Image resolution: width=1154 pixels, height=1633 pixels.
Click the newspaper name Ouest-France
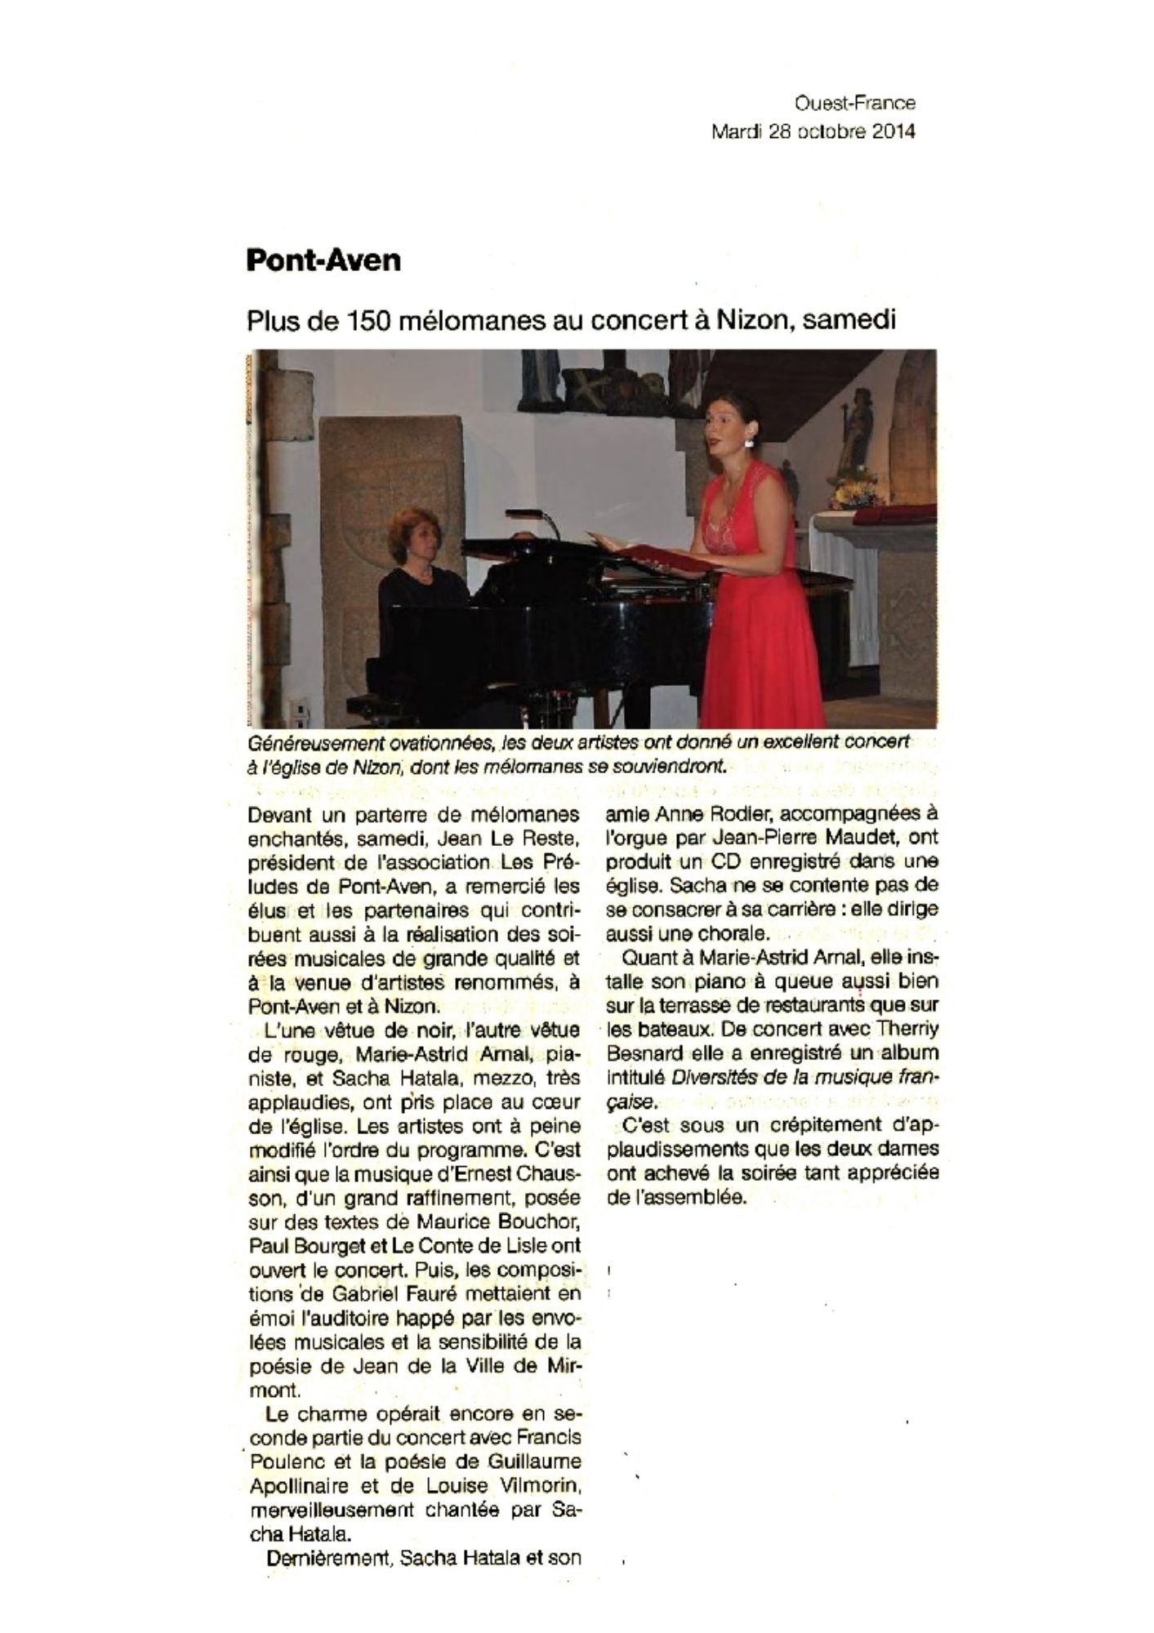(x=855, y=103)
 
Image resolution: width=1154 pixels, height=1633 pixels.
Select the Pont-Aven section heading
(x=323, y=260)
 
